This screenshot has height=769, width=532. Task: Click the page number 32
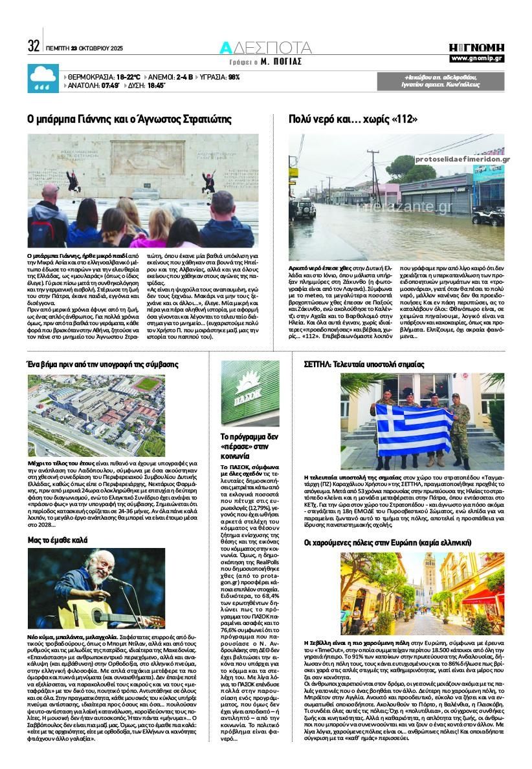[x=34, y=46]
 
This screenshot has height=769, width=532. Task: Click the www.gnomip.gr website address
[x=477, y=59]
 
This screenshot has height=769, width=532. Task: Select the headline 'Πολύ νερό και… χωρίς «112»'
[x=353, y=119]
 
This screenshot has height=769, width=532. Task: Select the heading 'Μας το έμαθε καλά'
[x=58, y=539]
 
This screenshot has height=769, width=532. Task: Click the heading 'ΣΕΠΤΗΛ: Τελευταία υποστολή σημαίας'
[x=364, y=364]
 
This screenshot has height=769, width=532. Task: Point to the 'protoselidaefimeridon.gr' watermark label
[x=462, y=159]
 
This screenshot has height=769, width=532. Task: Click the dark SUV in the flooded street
[x=305, y=209]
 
